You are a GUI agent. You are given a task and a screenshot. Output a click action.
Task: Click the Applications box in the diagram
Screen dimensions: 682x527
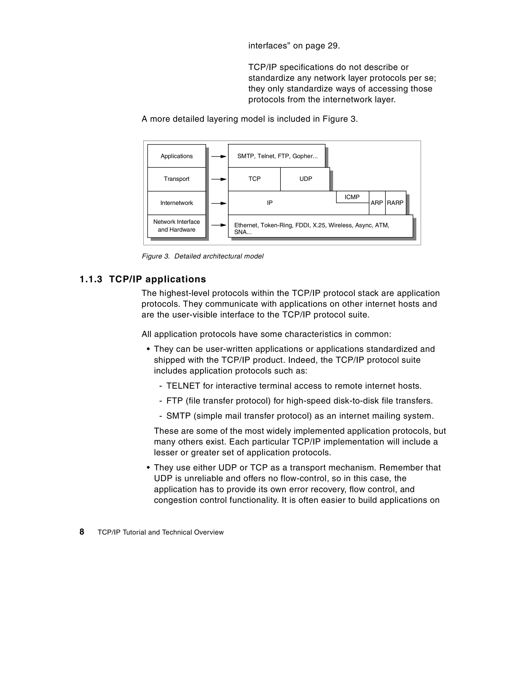click(177, 156)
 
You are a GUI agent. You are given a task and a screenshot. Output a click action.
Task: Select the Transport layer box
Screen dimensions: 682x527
click(177, 179)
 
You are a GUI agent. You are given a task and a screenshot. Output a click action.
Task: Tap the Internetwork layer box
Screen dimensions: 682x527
click(177, 203)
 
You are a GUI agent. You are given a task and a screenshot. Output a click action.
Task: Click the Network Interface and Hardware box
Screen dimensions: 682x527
click(177, 226)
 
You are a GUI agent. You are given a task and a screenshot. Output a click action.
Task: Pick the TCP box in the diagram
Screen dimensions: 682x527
click(254, 179)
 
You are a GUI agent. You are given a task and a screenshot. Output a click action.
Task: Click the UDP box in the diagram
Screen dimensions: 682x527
click(305, 179)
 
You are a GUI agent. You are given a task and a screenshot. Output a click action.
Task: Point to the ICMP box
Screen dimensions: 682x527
click(352, 197)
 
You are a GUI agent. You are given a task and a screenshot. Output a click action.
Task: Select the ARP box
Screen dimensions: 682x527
click(377, 203)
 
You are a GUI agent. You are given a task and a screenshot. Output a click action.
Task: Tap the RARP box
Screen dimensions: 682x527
click(395, 203)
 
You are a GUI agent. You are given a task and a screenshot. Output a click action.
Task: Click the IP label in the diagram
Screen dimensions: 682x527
click(270, 203)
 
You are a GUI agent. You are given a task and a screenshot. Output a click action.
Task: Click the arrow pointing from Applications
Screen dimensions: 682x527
click(218, 156)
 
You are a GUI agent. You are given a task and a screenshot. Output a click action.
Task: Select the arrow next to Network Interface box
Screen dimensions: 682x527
click(218, 225)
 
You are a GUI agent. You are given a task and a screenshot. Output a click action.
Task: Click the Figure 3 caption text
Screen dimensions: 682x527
click(203, 256)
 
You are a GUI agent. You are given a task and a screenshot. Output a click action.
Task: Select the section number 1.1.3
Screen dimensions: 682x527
click(91, 279)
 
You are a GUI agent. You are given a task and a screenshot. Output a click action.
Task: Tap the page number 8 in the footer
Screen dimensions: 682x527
click(82, 532)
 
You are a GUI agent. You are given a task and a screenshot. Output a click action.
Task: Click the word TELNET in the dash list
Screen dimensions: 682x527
click(183, 386)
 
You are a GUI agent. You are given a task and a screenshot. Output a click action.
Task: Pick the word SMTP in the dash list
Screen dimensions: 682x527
click(178, 416)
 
